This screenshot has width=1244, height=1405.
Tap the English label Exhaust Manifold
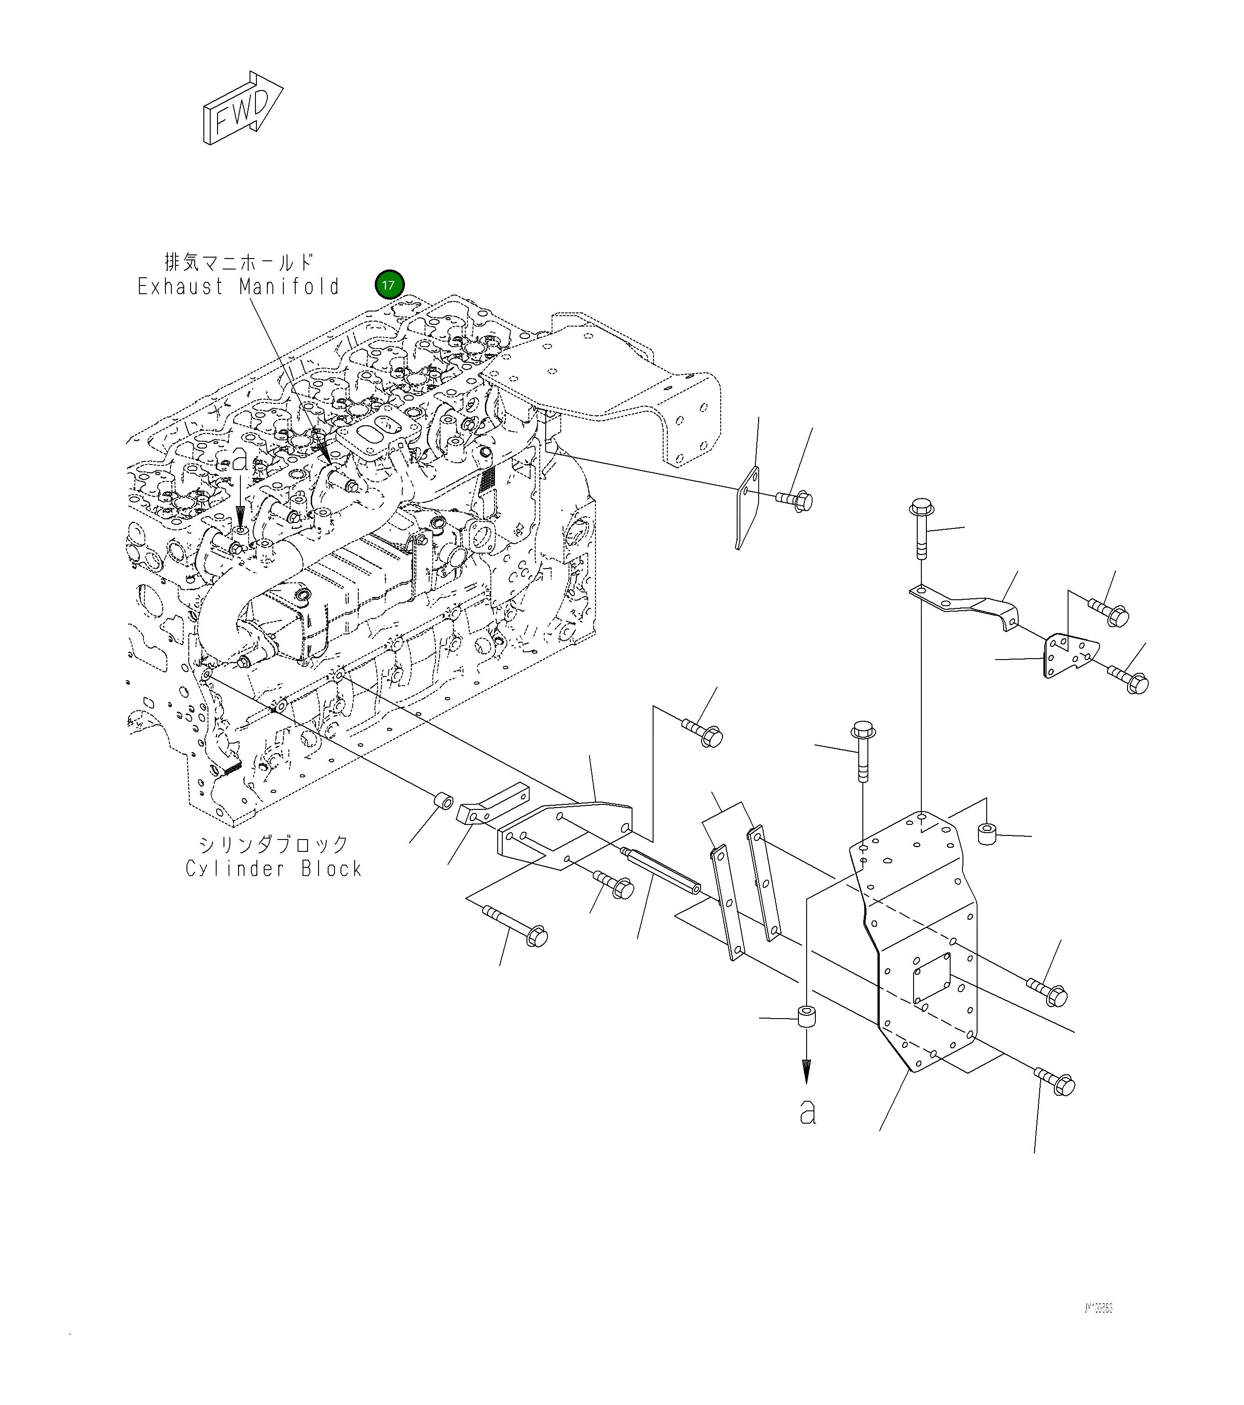point(238,287)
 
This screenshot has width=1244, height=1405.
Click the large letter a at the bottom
point(808,1111)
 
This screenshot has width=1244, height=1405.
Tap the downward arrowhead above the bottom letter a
point(806,1070)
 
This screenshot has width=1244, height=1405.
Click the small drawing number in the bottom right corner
point(1098,1307)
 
